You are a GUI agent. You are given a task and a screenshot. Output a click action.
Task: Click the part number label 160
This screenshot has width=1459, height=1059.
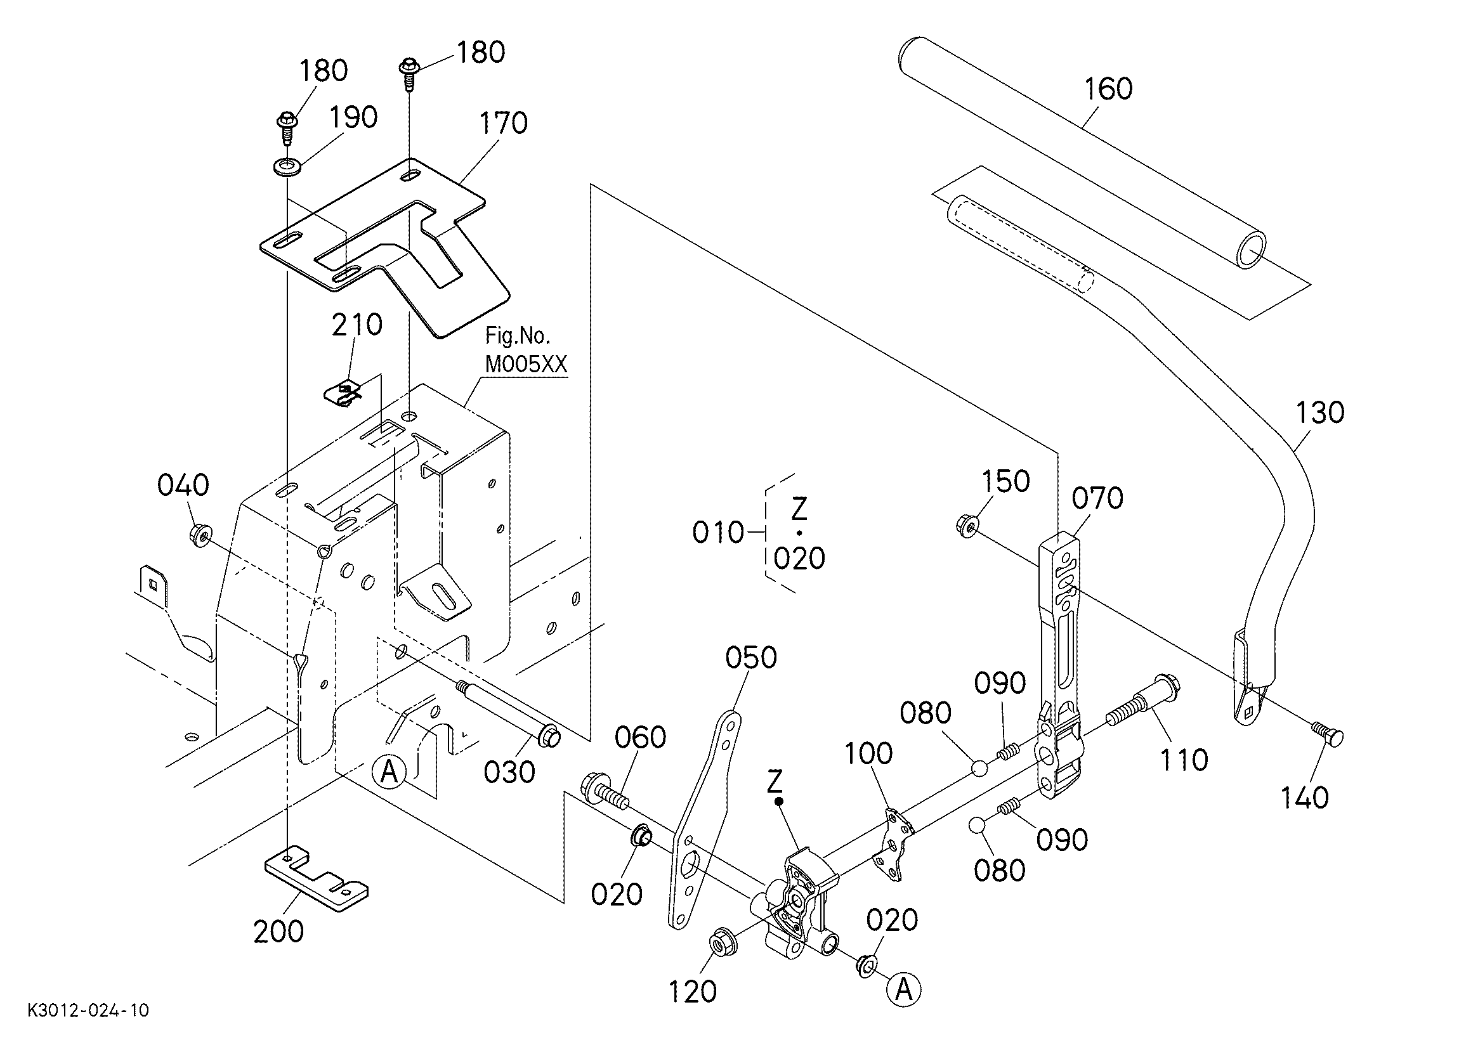(1108, 89)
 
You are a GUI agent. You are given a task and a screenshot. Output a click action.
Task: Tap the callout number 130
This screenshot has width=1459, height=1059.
(1319, 413)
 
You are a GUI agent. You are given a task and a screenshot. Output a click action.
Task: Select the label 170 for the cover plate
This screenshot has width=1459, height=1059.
(504, 123)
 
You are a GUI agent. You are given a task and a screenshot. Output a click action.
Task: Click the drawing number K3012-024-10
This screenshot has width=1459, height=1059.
(88, 1010)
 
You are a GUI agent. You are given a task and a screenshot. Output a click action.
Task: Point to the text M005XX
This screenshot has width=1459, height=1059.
(527, 365)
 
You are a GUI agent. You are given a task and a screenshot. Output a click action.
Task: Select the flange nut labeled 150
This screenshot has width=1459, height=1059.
(968, 525)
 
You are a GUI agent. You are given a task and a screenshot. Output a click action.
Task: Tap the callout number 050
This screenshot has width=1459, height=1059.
(750, 658)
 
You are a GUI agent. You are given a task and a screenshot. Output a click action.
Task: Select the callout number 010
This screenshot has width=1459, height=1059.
(718, 533)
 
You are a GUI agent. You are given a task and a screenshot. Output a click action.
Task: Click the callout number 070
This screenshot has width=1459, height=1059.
(1097, 498)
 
